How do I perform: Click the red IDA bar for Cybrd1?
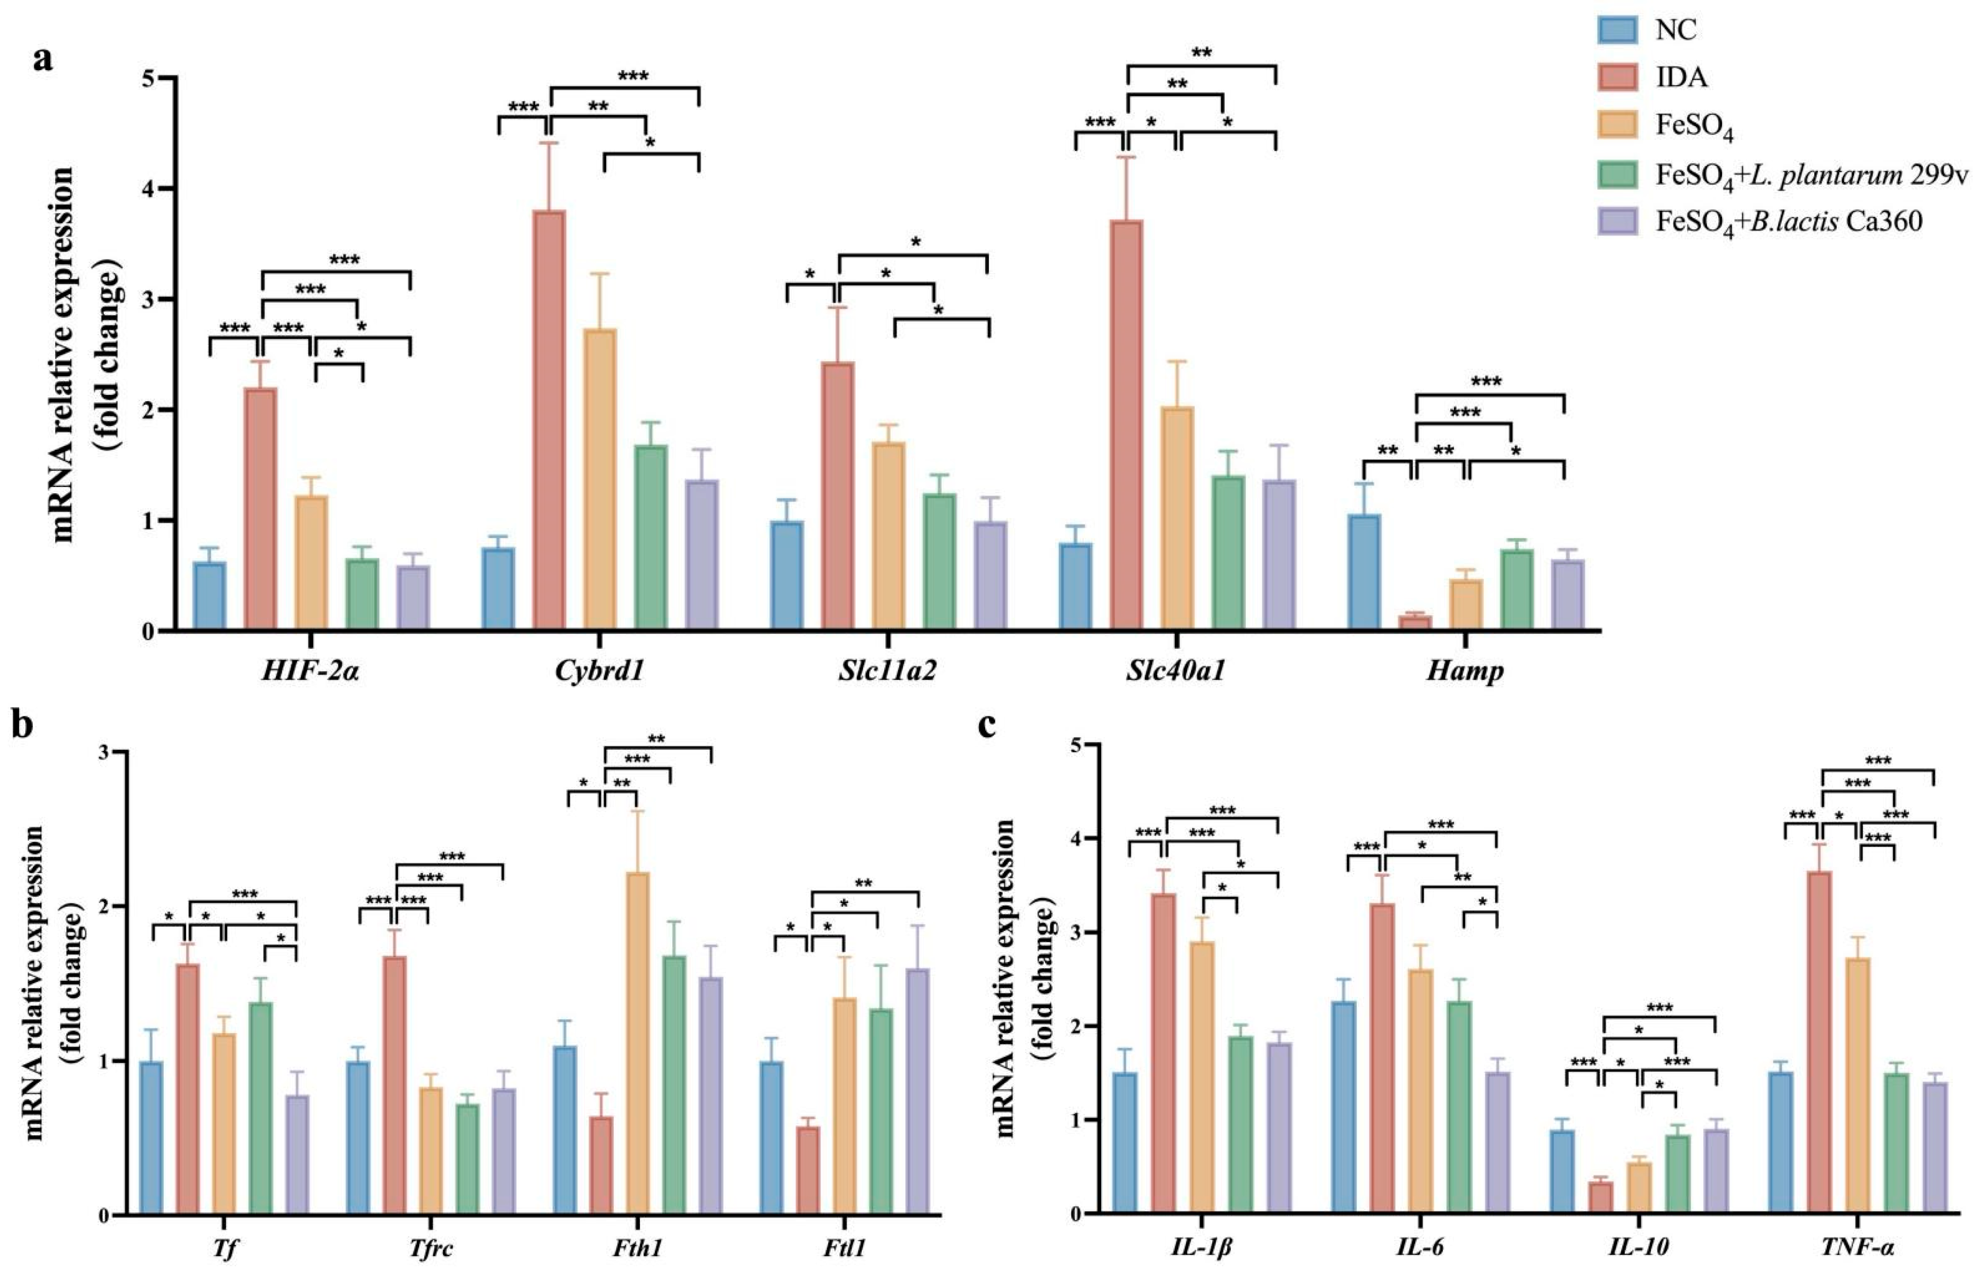(x=549, y=421)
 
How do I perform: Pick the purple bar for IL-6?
(x=1479, y=1143)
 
